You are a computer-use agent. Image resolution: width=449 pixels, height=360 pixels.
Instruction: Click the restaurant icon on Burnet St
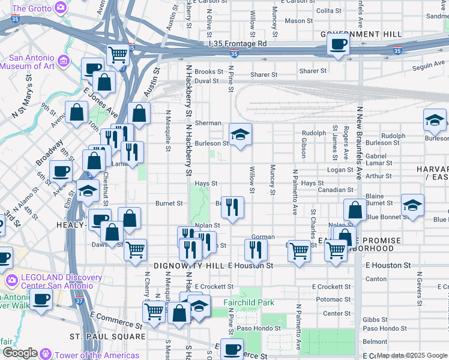232,207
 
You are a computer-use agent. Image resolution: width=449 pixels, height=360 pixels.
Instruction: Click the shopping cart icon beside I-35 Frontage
119,55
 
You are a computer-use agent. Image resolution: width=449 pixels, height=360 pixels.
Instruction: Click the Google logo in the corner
20,353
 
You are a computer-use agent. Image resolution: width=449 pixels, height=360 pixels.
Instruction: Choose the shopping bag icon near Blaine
355,210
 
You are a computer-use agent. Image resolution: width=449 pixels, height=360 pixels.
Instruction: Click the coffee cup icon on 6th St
61,171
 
